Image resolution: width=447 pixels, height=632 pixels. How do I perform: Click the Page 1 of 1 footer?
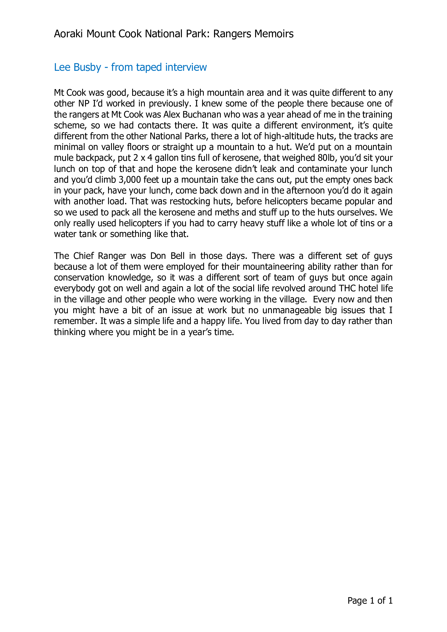tap(370, 601)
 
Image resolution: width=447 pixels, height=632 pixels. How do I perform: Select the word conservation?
tap(79, 278)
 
